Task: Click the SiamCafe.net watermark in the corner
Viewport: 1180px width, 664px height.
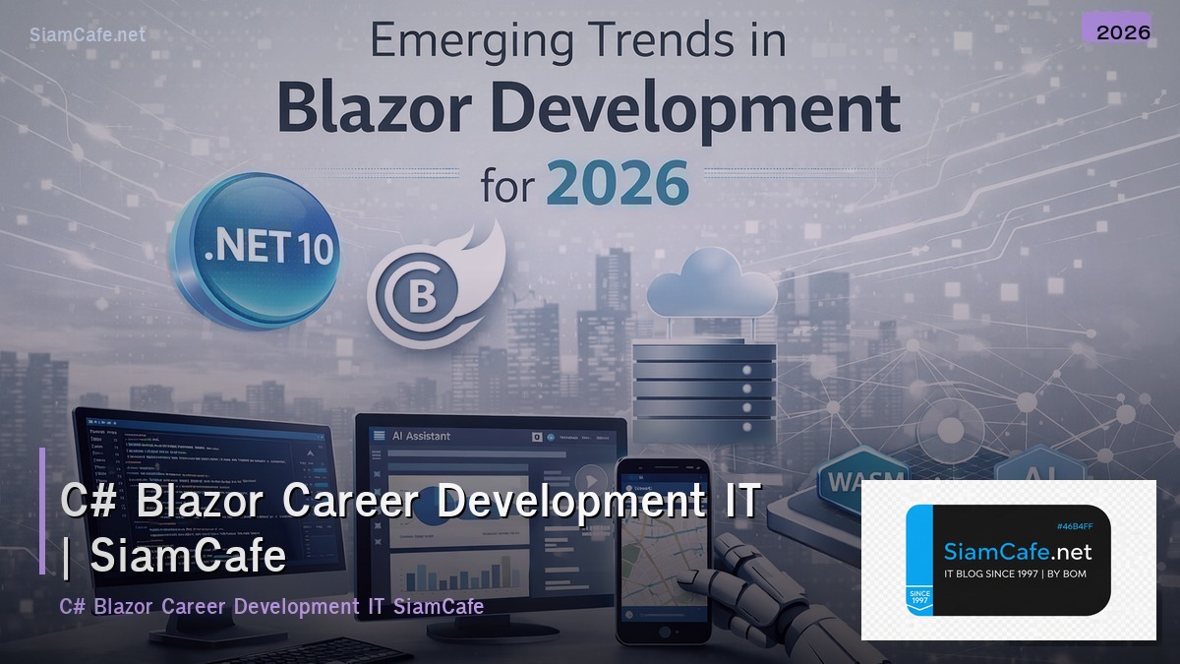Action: coord(88,34)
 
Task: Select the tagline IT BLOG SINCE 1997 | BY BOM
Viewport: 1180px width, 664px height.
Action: coord(1015,573)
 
